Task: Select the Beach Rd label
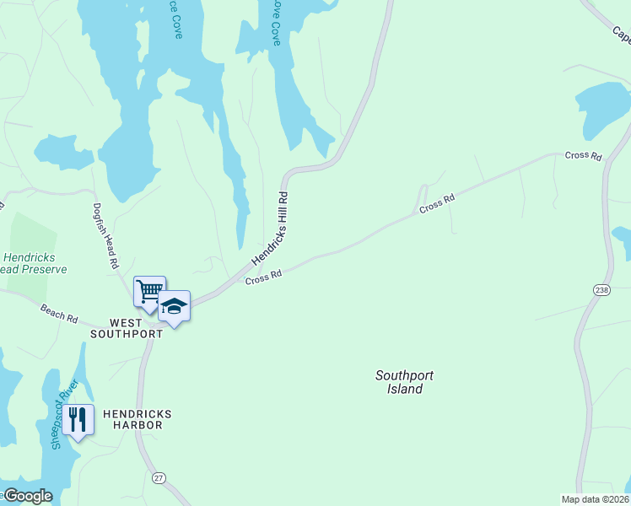[x=59, y=313]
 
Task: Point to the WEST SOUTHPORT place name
[x=127, y=328]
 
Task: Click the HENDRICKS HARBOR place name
[x=137, y=419]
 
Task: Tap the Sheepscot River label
[x=62, y=415]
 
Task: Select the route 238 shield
[x=601, y=289]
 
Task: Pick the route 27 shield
[x=159, y=478]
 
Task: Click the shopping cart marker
[x=149, y=292]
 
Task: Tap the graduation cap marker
[x=174, y=307]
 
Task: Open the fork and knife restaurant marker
[x=78, y=419]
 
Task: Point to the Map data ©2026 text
[x=595, y=499]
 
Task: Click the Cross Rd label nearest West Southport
[x=263, y=277]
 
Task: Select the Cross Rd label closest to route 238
[x=584, y=155]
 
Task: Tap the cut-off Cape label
[x=621, y=34]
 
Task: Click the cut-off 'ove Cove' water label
[x=275, y=21]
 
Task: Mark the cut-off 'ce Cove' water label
[x=175, y=17]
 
